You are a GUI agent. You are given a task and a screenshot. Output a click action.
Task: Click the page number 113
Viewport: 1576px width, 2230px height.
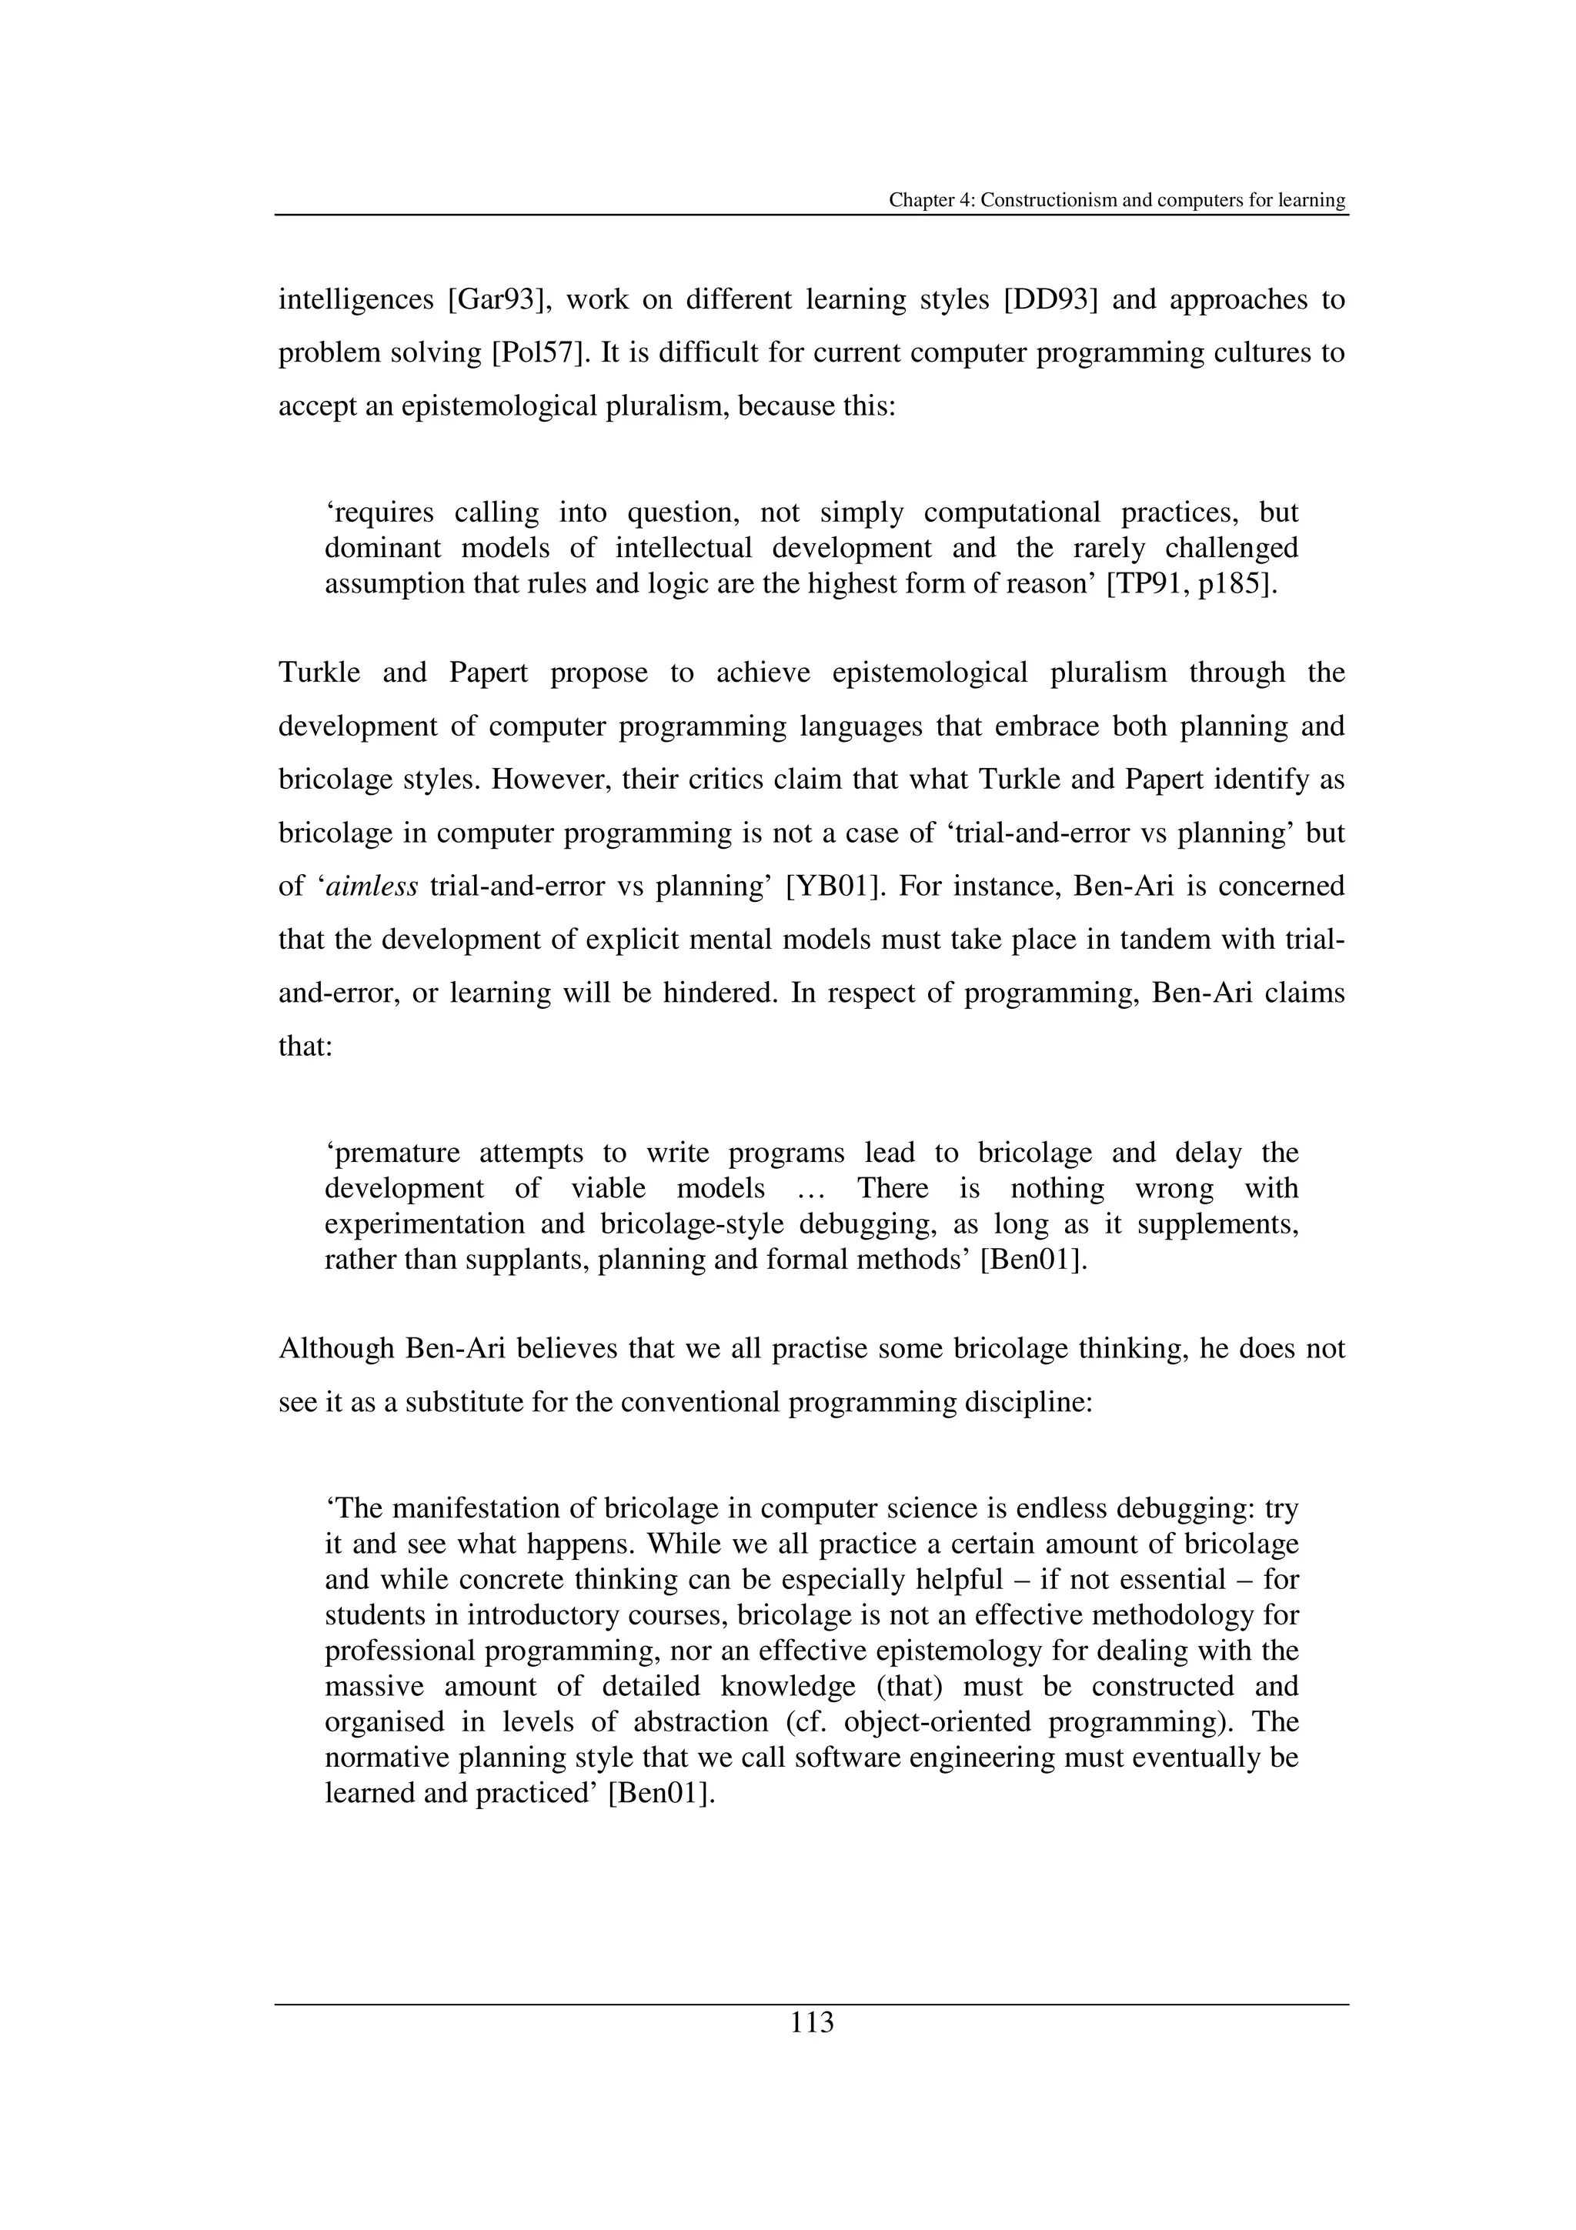click(812, 2024)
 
